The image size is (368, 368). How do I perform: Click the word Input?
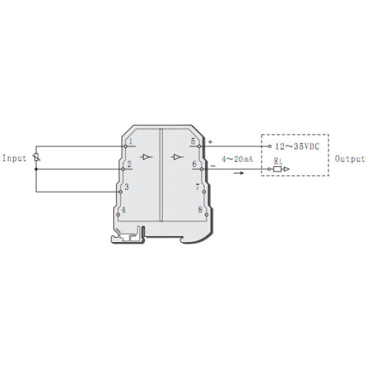tap(14, 158)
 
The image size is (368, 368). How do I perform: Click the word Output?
tap(350, 159)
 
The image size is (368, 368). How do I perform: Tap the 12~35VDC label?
tap(297, 146)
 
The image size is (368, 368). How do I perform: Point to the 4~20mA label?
tap(237, 159)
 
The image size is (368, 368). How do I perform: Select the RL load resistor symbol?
tap(277, 169)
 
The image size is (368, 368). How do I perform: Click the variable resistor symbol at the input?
tap(37, 158)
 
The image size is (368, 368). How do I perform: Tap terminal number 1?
tap(130, 141)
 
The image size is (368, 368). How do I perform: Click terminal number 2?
tap(130, 164)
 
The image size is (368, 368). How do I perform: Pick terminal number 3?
tap(127, 187)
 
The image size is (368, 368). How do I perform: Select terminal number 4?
tap(124, 210)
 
